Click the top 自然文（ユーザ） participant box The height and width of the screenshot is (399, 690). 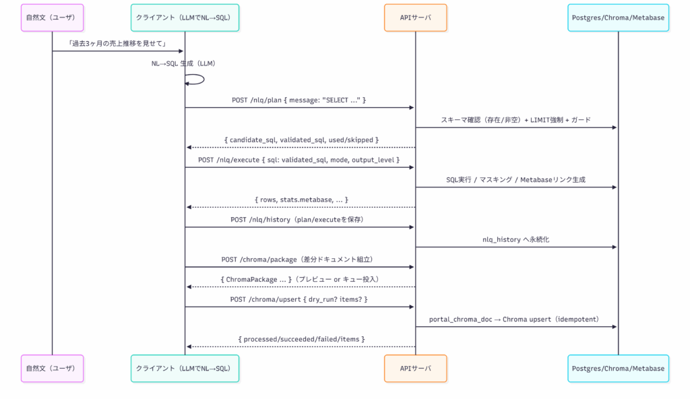tap(53, 18)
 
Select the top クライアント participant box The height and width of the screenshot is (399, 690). tap(185, 18)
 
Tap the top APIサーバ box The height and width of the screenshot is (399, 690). tap(415, 18)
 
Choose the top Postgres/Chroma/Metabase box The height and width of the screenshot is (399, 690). tap(619, 18)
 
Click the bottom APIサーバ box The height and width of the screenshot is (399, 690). tap(415, 368)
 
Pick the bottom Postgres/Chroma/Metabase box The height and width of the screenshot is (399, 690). tap(619, 368)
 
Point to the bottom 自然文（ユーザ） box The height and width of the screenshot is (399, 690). tap(53, 368)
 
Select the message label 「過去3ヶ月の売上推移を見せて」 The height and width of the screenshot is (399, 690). tap(117, 44)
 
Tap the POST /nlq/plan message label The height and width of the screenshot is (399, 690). tap(299, 100)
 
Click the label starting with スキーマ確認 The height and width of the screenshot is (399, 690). tap(515, 120)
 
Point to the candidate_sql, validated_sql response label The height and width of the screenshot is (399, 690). tap(301, 140)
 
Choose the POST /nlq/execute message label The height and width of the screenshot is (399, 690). tap(299, 160)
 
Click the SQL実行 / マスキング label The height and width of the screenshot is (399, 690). tap(515, 180)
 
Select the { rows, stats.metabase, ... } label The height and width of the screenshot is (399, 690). tap(301, 199)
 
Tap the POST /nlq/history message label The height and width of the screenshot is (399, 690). tap(298, 219)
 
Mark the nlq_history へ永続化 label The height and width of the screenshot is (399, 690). tap(515, 239)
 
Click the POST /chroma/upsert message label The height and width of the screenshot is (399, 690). tap(299, 299)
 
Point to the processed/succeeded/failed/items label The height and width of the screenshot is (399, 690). tap(301, 339)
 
